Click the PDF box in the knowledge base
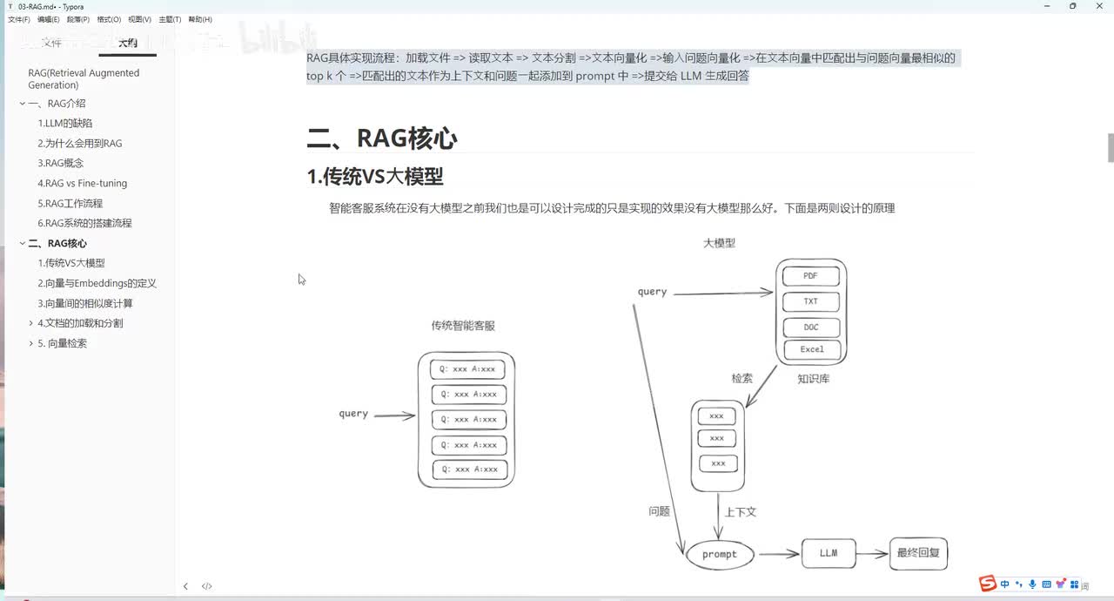tap(810, 276)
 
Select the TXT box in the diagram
tap(810, 301)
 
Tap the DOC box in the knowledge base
tap(810, 328)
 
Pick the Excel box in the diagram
tap(811, 349)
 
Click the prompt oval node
tap(720, 554)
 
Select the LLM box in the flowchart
tap(828, 553)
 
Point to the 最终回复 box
tap(918, 553)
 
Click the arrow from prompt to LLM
tap(778, 554)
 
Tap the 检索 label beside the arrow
tap(742, 378)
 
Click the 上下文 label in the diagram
tap(741, 512)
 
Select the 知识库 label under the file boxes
tap(813, 379)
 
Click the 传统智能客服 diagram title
tap(463, 326)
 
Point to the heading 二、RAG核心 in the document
tap(382, 138)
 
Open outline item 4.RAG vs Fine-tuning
tap(83, 183)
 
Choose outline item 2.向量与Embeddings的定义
tap(97, 283)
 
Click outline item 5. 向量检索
tap(63, 343)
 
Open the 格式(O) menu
tap(110, 19)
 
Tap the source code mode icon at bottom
tap(207, 586)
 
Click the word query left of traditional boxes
tap(353, 414)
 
